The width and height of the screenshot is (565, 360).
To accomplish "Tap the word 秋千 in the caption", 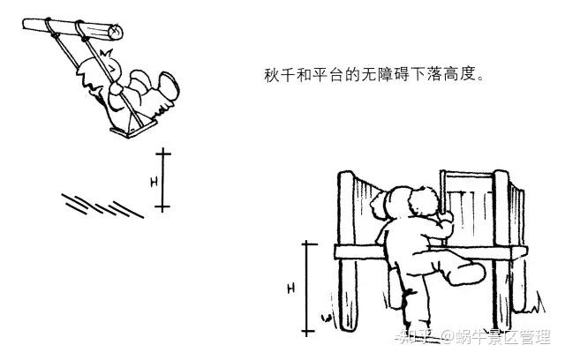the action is coord(277,75).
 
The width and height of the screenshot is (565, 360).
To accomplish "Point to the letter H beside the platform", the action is coord(290,288).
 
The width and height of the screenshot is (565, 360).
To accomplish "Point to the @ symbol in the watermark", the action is coord(448,336).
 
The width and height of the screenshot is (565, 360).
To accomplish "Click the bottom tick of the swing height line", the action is coord(162,208).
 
